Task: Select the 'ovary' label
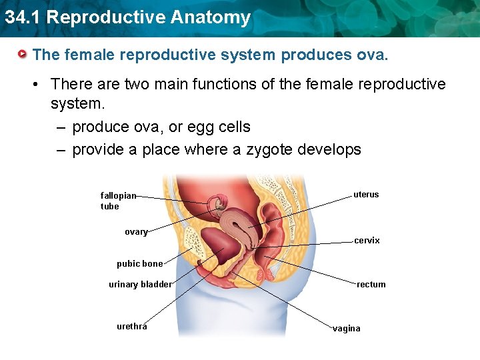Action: (136, 232)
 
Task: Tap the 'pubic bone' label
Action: (139, 264)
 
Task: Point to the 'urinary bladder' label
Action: (140, 285)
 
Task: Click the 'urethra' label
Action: (132, 327)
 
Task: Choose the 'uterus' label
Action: (366, 195)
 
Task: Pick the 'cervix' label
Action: (367, 241)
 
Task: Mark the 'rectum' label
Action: (371, 285)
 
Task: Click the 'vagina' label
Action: (347, 329)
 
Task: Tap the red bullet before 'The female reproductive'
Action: (23, 53)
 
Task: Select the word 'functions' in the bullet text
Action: (215, 84)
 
